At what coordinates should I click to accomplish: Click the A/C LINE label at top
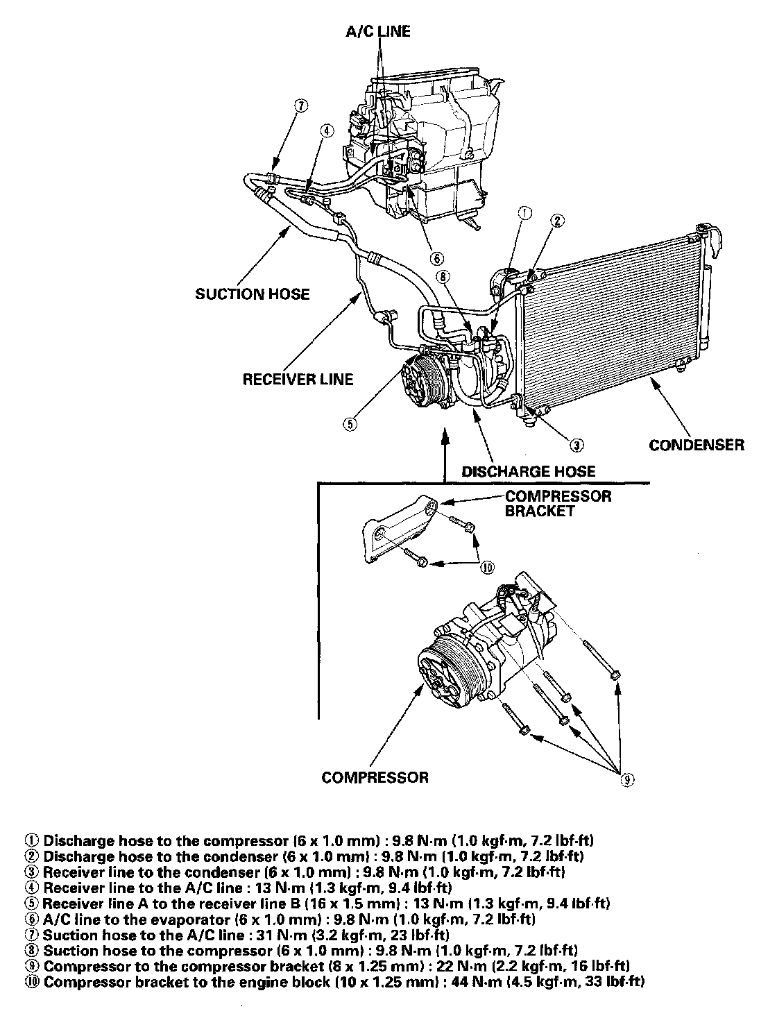pos(378,31)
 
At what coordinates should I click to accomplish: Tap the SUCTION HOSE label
pos(252,294)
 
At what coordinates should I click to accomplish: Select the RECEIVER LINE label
pos(298,379)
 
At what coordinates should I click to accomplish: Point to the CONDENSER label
pos(696,445)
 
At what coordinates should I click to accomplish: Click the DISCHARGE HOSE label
pos(529,471)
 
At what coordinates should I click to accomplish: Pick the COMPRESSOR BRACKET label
pos(558,503)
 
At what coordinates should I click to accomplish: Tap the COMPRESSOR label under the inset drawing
pos(375,777)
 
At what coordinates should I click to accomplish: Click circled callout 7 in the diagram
pos(300,105)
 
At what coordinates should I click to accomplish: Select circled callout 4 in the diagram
pos(327,130)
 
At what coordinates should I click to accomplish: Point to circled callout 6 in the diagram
pos(436,258)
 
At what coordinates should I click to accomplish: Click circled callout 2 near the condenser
pos(556,221)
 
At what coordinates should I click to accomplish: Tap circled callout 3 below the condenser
pos(577,445)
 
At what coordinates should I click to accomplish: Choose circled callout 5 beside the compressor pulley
pos(351,423)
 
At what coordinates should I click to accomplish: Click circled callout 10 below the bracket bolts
pos(487,567)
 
